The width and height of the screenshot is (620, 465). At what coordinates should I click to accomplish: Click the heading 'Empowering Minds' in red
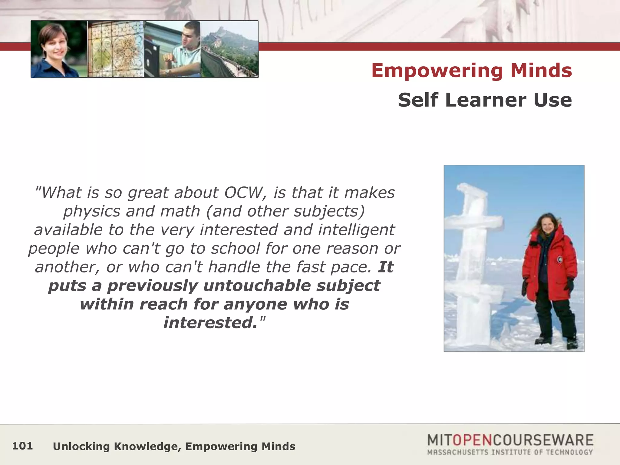pos(471,71)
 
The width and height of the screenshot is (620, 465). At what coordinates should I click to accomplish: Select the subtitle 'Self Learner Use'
pos(485,100)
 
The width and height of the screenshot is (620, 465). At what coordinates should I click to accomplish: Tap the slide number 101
pos(22,446)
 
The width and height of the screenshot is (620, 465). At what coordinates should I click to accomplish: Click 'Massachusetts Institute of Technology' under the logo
pos(510,452)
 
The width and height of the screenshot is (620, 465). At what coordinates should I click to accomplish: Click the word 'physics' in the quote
pos(92,211)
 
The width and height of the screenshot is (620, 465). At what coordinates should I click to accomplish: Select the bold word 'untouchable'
pos(257,286)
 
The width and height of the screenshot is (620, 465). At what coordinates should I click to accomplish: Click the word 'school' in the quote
pos(235,249)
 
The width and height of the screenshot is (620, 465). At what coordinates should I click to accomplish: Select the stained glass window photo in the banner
pos(116,49)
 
